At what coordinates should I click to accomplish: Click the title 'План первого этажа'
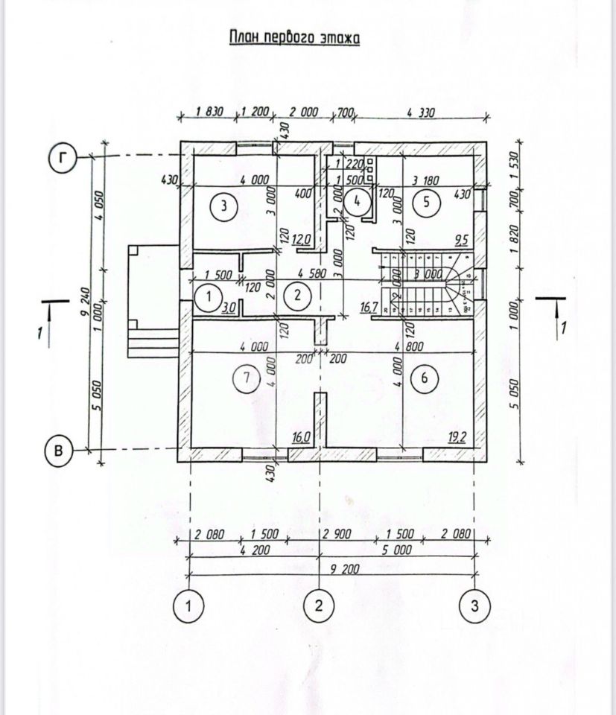click(293, 38)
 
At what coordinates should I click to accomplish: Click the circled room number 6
click(424, 379)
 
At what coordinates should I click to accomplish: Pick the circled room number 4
click(358, 200)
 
